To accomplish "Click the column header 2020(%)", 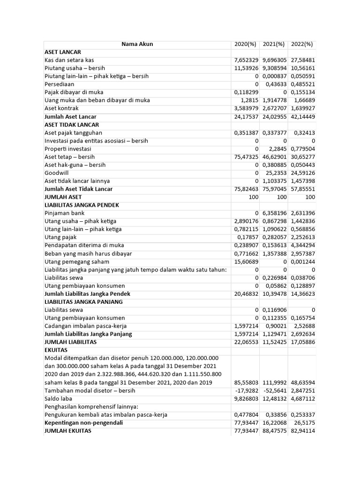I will (x=246, y=44).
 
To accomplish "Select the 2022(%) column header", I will (x=302, y=44).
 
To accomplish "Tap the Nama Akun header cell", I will (x=137, y=44).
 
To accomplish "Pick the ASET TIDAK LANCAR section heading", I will (x=72, y=125).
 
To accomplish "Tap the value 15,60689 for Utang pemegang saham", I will (x=247, y=262).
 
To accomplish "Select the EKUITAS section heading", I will (x=56, y=350).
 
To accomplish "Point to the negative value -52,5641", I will (x=275, y=390).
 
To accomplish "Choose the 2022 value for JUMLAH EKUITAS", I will (x=302, y=431).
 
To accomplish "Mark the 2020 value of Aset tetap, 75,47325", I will (x=247, y=157).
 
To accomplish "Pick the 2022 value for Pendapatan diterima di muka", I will (x=302, y=246).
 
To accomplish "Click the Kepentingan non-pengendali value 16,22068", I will (x=274, y=423).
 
